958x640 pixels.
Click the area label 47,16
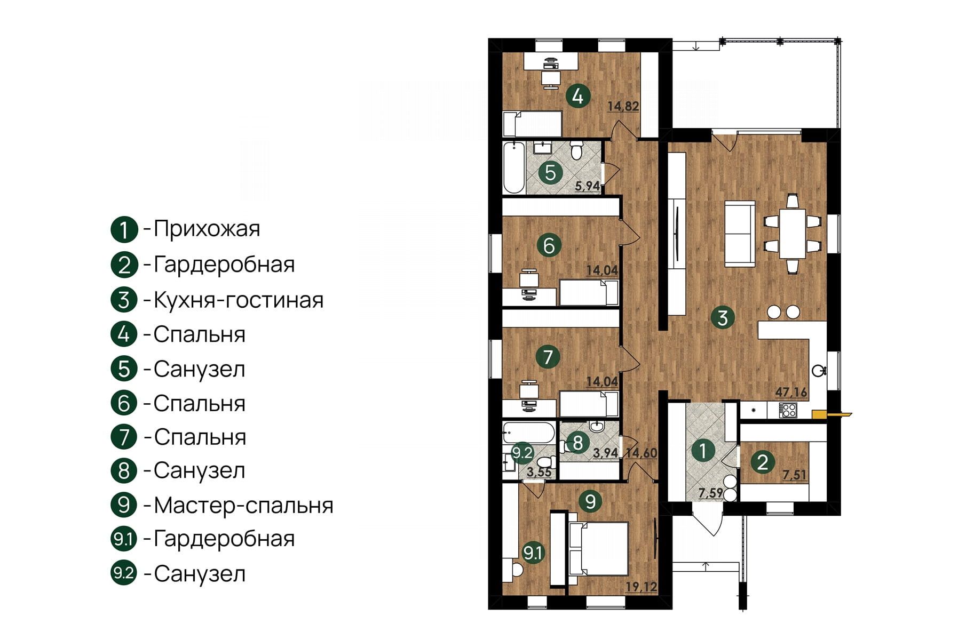tap(791, 393)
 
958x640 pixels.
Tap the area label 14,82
tap(623, 106)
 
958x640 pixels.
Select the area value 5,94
tap(587, 186)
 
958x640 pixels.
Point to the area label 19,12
tap(641, 587)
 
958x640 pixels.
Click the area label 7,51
tap(794, 475)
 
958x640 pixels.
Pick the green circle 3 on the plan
tap(723, 318)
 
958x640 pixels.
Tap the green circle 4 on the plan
tap(577, 97)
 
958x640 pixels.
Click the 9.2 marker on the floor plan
tap(522, 453)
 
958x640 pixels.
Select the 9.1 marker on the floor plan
tap(533, 553)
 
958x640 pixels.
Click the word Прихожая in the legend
tap(207, 229)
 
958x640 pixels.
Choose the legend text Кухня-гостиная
tap(239, 300)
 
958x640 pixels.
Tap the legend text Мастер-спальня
tap(243, 505)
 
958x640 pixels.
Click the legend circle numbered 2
tap(124, 265)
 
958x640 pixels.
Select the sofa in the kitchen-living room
tap(739, 234)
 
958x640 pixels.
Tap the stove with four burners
tap(788, 410)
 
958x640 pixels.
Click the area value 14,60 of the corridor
tap(642, 453)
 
